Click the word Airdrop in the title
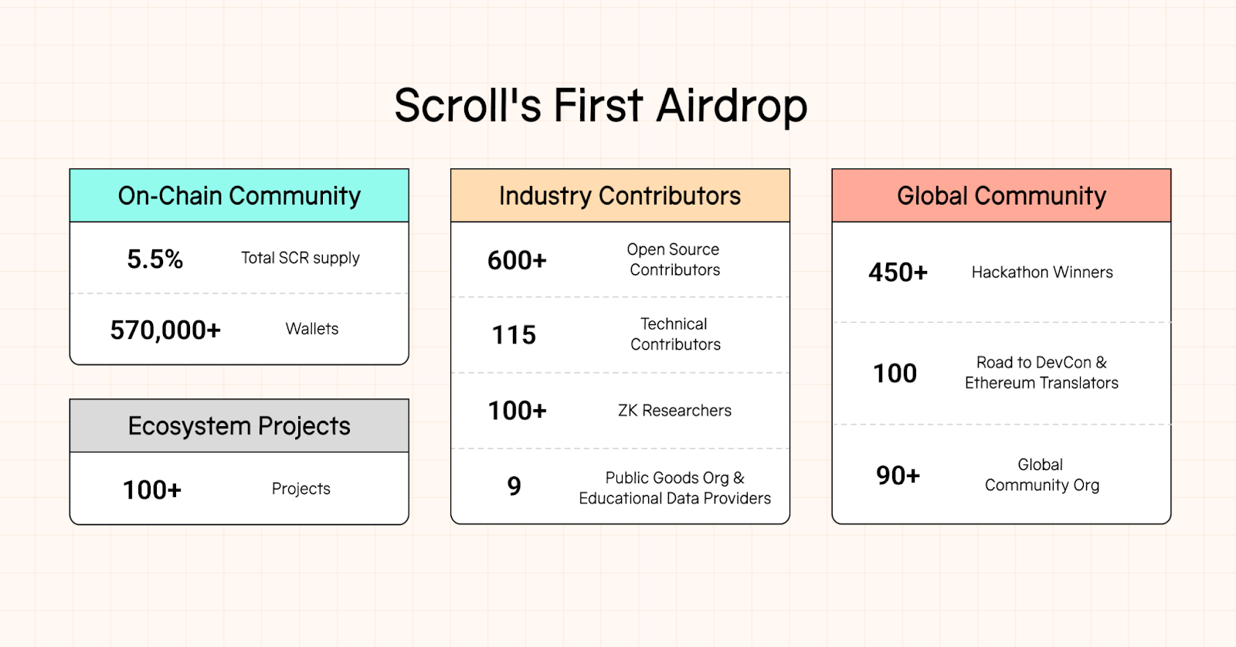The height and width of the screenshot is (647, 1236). coord(731,107)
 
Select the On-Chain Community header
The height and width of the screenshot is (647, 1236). coord(239,196)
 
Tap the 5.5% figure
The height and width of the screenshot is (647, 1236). coord(155,259)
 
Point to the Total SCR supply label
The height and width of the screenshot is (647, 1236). coord(301,258)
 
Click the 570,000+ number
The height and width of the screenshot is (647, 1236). coord(165,330)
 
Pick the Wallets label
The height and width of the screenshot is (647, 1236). coord(312,329)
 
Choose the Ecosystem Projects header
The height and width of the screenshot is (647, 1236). coord(239,426)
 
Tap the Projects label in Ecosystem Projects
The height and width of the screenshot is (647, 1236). coord(301,489)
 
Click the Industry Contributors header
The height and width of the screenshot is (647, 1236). coord(620,196)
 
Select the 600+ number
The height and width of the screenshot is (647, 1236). coord(517,260)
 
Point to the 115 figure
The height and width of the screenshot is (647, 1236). coord(514,335)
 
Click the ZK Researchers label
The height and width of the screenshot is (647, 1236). coord(674,411)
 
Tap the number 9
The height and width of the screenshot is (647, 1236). coord(514,486)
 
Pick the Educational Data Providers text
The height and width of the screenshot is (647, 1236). coord(674,499)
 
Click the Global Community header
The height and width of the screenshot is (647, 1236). coord(1001,196)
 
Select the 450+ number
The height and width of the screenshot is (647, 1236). coord(898,273)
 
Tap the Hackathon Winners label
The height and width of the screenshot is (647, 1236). coord(1042,273)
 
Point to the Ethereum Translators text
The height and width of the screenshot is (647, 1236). coord(1041,383)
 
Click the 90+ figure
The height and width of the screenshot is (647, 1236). coord(898,476)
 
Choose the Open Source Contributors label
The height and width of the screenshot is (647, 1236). coord(674,259)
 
